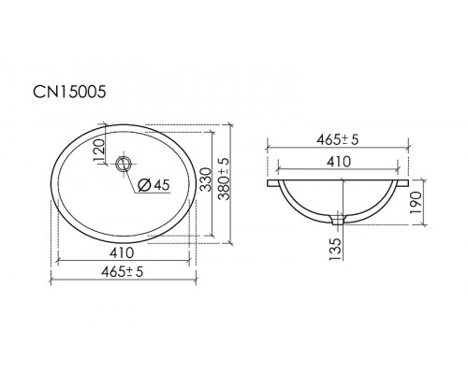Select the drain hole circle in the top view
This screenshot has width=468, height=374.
tap(123, 165)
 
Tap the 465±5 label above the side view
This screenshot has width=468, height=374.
tap(338, 139)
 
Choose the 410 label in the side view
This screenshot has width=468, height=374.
tap(338, 162)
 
